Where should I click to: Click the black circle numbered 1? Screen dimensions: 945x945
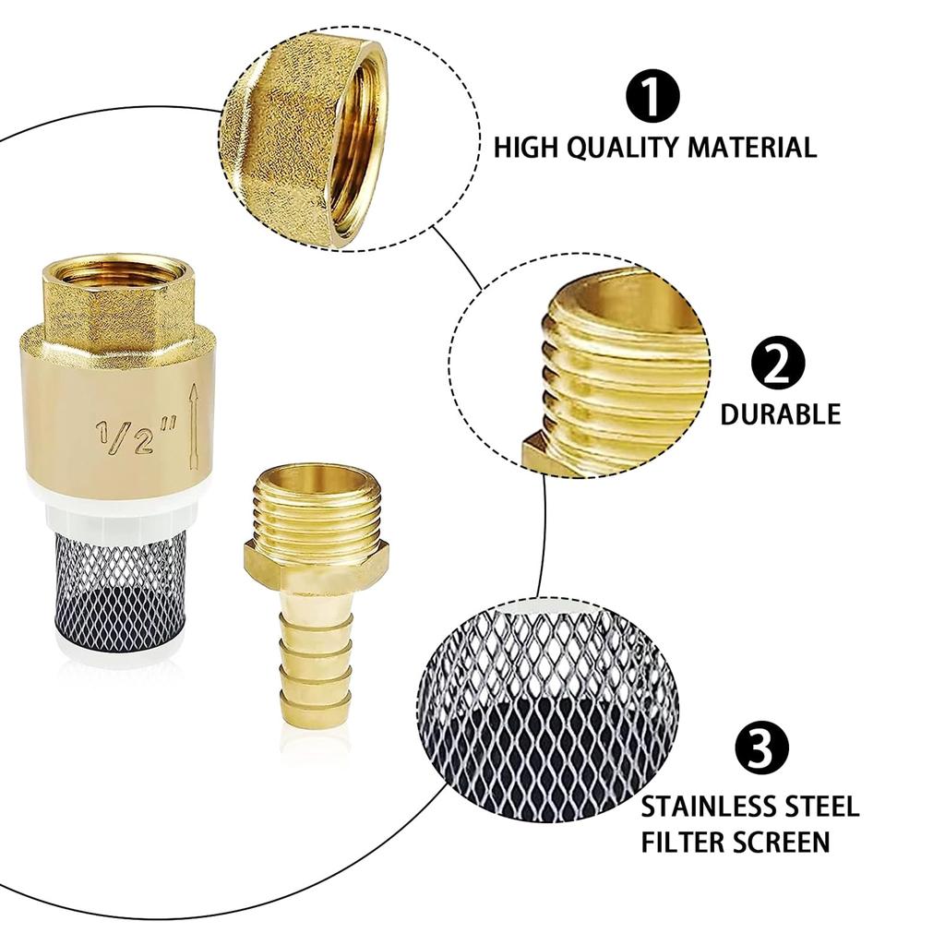pos(652,96)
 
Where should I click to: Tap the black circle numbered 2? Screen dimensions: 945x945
pos(777,363)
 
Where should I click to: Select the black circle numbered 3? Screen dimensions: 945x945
pos(761,747)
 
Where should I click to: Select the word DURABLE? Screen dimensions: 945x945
pos(780,414)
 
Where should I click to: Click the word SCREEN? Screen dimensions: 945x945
pos(783,842)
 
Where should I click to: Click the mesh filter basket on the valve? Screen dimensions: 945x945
pos(120,591)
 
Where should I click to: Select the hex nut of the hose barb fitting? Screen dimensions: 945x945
pos(316,566)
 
